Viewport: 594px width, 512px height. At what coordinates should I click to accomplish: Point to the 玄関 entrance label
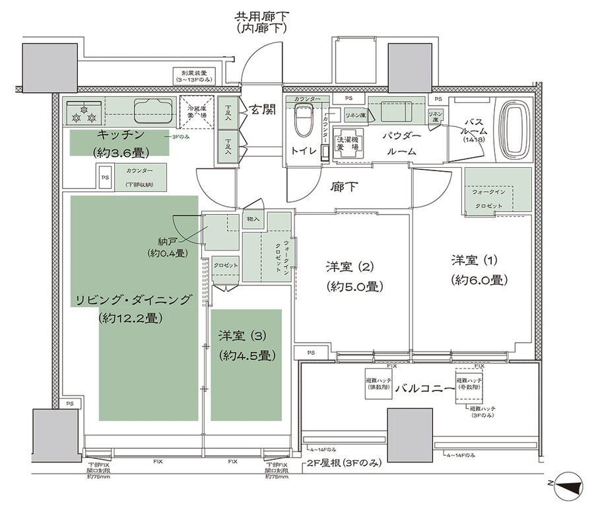click(x=263, y=111)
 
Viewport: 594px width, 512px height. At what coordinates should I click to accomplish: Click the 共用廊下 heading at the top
click(x=263, y=16)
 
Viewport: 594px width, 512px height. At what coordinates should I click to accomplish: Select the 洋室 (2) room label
click(x=350, y=267)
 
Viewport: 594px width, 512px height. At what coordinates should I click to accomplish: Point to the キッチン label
click(x=119, y=134)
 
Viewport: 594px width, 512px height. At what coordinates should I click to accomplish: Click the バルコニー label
click(x=422, y=389)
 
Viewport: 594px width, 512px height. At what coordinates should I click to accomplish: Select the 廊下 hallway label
click(x=343, y=187)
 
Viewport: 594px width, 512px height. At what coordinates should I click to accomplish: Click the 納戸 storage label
click(x=166, y=240)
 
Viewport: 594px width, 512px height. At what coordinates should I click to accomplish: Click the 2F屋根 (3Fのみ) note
click(x=345, y=464)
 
